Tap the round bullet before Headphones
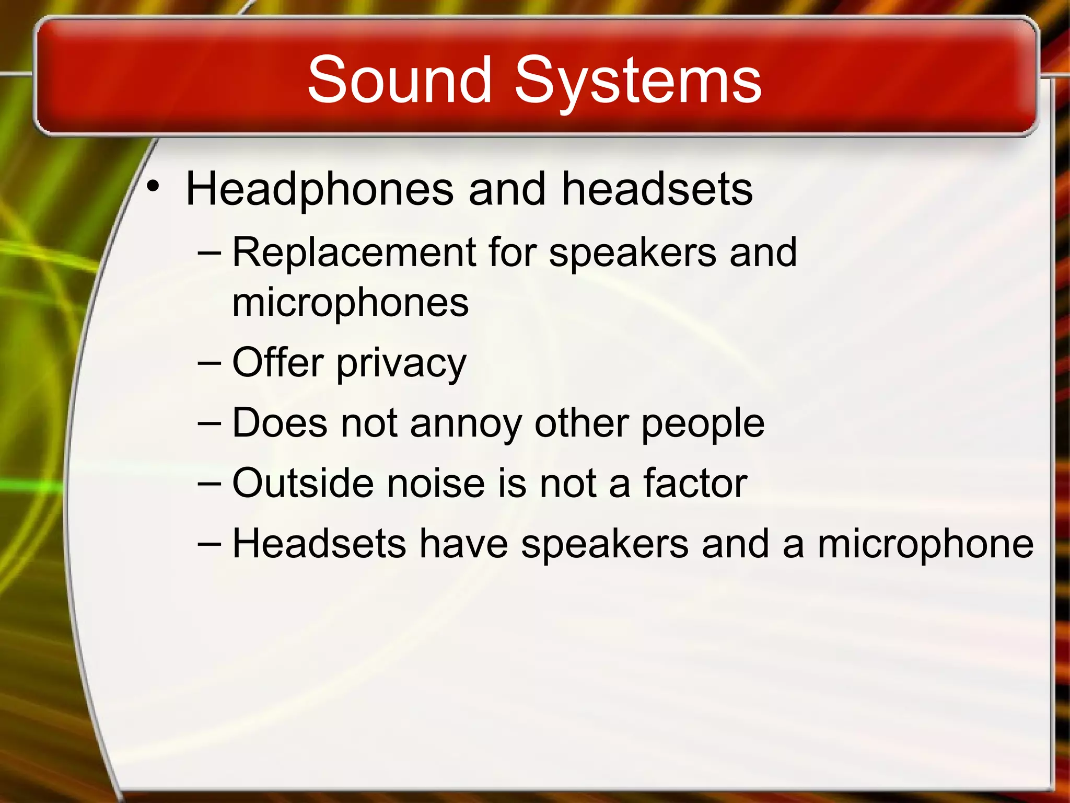152,186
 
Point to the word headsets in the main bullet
657,189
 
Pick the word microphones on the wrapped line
351,303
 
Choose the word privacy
401,364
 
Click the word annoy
466,423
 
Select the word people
703,423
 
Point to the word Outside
303,483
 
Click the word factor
695,483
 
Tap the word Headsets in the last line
319,544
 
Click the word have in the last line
463,544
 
